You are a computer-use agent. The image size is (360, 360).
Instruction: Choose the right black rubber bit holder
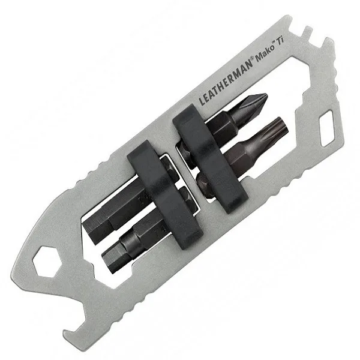pos(211,159)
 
